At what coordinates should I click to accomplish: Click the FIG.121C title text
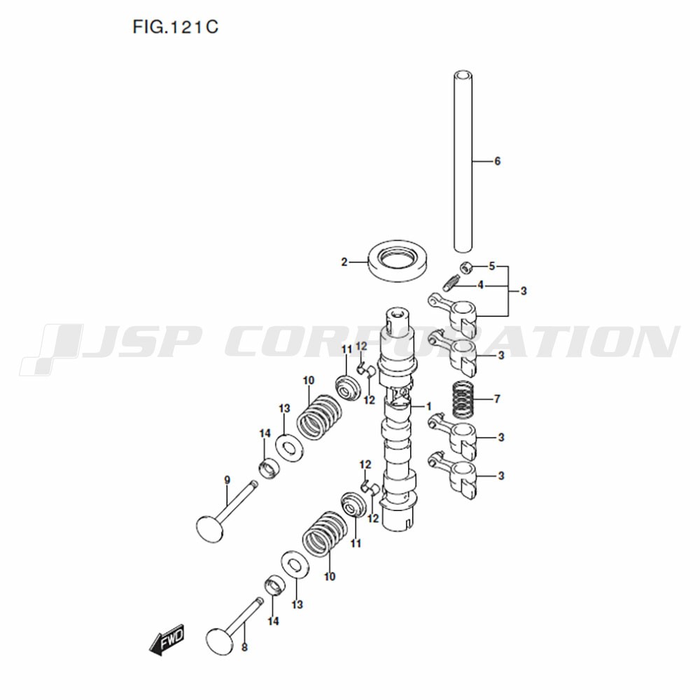pyautogui.click(x=176, y=27)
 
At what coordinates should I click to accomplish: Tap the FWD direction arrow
pyautogui.click(x=167, y=639)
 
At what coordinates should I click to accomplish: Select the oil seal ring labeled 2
pyautogui.click(x=400, y=262)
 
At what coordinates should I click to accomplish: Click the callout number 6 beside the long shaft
pyautogui.click(x=497, y=161)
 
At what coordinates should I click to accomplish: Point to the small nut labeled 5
pyautogui.click(x=465, y=267)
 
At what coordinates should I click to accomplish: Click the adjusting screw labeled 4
pyautogui.click(x=451, y=282)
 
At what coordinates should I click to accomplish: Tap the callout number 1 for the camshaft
pyautogui.click(x=428, y=407)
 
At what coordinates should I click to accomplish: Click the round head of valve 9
pyautogui.click(x=209, y=528)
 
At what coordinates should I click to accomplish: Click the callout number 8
pyautogui.click(x=244, y=647)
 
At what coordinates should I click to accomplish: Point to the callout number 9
pyautogui.click(x=227, y=480)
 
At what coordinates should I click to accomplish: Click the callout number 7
pyautogui.click(x=497, y=399)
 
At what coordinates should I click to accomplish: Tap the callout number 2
pyautogui.click(x=344, y=262)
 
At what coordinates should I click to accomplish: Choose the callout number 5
pyautogui.click(x=491, y=266)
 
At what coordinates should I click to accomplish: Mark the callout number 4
pyautogui.click(x=480, y=285)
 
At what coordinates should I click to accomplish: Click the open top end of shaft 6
pyautogui.click(x=463, y=75)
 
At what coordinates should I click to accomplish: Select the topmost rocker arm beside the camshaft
pyautogui.click(x=453, y=312)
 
